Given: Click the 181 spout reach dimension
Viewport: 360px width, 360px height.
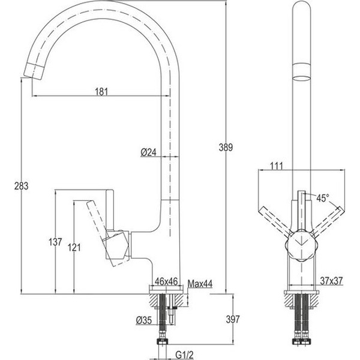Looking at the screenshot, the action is [x=101, y=92].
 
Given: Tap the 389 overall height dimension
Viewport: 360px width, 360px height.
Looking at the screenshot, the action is [x=226, y=148].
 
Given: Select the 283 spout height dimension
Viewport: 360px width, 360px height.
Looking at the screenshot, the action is [x=22, y=186].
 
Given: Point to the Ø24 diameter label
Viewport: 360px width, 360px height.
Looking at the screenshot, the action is [x=149, y=152].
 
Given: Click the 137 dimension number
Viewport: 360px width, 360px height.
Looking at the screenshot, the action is [x=55, y=242].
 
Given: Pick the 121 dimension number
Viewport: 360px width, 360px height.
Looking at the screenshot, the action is [x=74, y=247].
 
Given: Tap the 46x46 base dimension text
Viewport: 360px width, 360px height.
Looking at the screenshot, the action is [x=166, y=281].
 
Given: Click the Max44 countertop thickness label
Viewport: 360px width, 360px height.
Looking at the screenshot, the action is [x=200, y=284].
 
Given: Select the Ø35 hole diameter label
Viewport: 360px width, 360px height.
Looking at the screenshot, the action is [x=144, y=320].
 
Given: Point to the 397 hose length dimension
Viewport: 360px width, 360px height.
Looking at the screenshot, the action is [x=233, y=319].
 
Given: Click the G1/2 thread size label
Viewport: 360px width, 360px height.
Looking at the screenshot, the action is [x=184, y=355].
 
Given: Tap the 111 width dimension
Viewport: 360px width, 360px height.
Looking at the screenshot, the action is [x=277, y=166].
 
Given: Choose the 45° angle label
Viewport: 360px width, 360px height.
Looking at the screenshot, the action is [x=323, y=198].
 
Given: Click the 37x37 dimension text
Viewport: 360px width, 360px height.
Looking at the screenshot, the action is [x=331, y=281].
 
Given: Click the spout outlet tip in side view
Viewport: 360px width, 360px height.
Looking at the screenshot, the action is [x=34, y=71].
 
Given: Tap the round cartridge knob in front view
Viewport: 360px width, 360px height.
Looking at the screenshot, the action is [x=301, y=245].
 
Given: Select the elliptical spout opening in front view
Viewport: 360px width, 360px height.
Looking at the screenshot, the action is [x=301, y=78].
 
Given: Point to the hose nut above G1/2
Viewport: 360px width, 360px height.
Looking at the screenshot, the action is [x=163, y=341].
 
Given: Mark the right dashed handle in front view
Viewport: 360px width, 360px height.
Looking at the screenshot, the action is [x=327, y=222].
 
